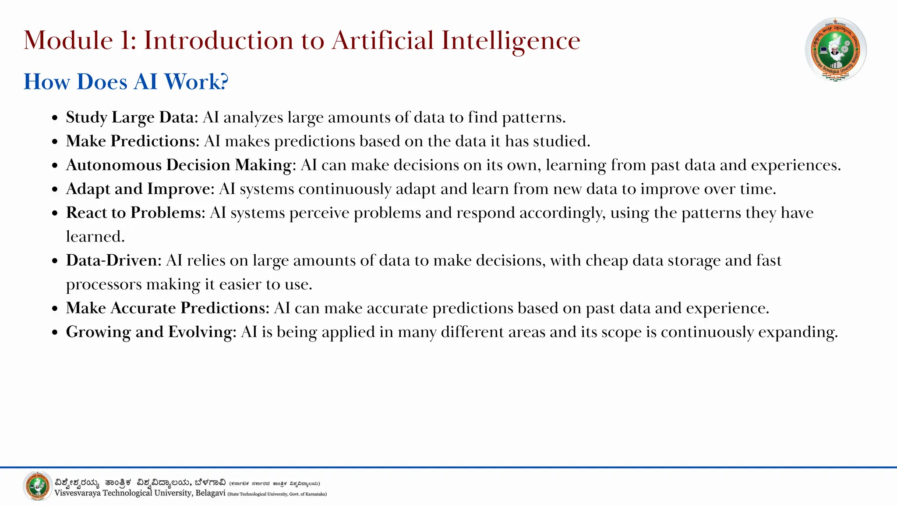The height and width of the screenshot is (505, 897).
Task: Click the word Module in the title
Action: pyautogui.click(x=68, y=40)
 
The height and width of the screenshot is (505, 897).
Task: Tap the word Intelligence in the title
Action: pyautogui.click(x=511, y=40)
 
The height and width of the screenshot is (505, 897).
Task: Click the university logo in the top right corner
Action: pyautogui.click(x=836, y=49)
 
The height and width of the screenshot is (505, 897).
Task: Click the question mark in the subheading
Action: pyautogui.click(x=224, y=82)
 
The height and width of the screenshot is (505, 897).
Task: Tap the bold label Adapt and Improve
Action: pyautogui.click(x=140, y=189)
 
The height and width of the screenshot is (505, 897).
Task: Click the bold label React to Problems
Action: pyautogui.click(x=136, y=213)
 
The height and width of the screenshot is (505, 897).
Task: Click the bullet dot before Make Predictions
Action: pyautogui.click(x=55, y=142)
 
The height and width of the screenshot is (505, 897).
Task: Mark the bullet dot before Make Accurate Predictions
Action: pyautogui.click(x=55, y=309)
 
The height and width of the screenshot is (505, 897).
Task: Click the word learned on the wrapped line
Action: pyautogui.click(x=95, y=237)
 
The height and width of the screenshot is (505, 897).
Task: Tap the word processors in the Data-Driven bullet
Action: pyautogui.click(x=104, y=285)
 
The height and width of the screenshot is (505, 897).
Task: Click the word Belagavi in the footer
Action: pyautogui.click(x=210, y=493)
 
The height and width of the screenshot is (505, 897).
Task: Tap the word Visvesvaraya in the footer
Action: pyautogui.click(x=77, y=493)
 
